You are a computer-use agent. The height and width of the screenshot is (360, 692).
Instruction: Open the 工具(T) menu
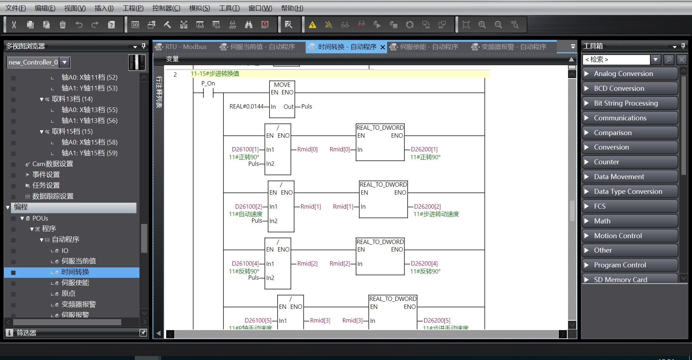[229, 8]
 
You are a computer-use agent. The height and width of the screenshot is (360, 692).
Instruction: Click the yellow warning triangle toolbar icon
[312, 25]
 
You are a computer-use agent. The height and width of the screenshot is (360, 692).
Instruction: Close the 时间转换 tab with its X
[383, 47]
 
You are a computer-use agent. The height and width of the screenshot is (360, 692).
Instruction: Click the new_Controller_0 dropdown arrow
[65, 62]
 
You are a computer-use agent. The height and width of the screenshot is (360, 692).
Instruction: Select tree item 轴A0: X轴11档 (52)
[89, 77]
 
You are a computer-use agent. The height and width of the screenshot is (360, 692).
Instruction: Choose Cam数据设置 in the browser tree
[53, 164]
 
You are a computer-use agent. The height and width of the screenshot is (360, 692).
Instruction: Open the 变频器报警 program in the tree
[79, 305]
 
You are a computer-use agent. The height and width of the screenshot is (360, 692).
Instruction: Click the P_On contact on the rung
[208, 93]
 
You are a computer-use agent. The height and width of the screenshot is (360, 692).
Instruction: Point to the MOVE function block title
[282, 85]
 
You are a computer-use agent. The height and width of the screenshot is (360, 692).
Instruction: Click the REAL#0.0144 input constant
[246, 107]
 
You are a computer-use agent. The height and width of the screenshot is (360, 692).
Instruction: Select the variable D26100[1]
[245, 150]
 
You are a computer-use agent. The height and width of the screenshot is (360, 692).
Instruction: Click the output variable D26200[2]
[427, 206]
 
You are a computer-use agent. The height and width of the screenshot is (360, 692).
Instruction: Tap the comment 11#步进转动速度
[436, 214]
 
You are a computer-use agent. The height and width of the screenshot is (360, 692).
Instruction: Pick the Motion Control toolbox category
[618, 236]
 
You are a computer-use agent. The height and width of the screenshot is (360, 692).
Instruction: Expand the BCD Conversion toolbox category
[618, 88]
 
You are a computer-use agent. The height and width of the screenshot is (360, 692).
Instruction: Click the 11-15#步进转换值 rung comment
[215, 74]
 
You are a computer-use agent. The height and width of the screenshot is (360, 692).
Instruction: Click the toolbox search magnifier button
[669, 60]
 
